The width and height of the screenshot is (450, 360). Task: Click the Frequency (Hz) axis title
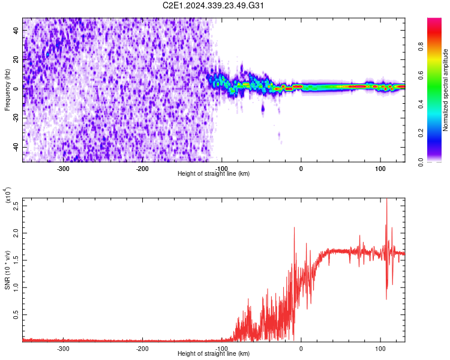[x=7, y=89]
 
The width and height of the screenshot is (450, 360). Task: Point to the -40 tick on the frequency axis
[x=16, y=147]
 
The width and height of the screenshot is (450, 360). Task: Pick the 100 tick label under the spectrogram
[x=380, y=169]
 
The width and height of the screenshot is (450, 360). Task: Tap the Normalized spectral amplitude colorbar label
[x=446, y=90]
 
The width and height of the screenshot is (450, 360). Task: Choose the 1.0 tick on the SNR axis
[x=16, y=286]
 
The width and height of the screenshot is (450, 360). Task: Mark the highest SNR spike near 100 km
[x=386, y=200]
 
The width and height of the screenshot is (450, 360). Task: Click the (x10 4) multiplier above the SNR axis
[x=8, y=196]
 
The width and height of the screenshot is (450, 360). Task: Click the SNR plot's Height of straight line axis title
[x=214, y=354]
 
